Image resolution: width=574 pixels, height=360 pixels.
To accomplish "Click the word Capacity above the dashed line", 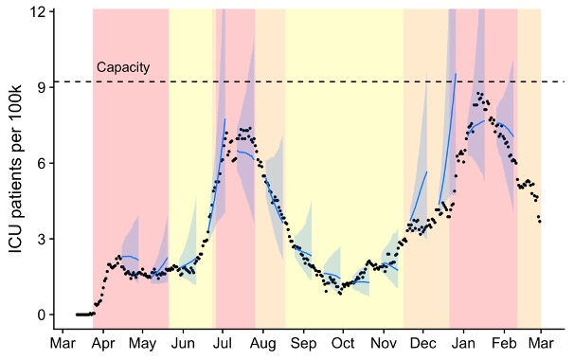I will (123, 68).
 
